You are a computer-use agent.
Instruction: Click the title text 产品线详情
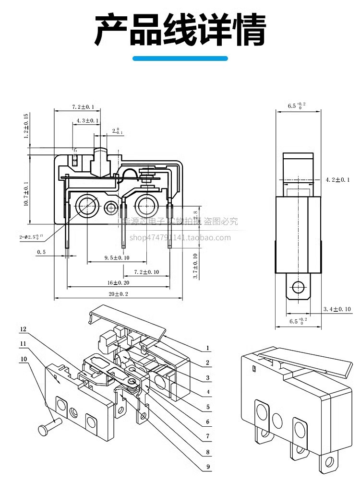click(180, 30)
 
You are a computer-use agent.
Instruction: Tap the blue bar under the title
click(180, 59)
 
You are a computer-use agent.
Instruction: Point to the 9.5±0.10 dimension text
click(117, 258)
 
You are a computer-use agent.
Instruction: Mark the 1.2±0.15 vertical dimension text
click(27, 126)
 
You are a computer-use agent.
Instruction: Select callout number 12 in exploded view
click(23, 329)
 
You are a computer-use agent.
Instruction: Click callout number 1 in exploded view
click(207, 348)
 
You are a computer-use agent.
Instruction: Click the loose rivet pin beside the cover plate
click(48, 426)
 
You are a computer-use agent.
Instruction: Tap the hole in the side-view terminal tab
click(298, 287)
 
